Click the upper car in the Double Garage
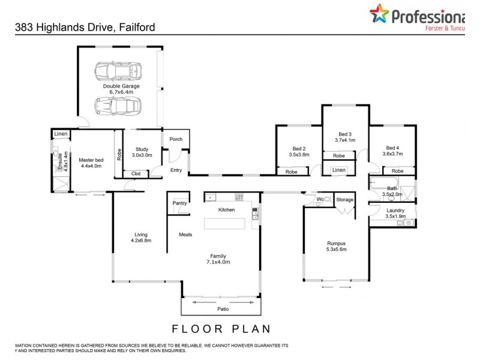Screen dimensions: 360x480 coord(118,71)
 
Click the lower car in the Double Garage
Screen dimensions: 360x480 coord(118,106)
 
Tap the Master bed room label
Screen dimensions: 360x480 coord(91,163)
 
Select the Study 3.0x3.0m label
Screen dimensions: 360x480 coord(142,152)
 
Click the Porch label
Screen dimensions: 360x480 coord(176,139)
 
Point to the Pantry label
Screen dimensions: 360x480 coord(179,203)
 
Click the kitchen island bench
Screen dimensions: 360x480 coord(225,224)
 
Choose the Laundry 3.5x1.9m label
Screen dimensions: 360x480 coord(395,213)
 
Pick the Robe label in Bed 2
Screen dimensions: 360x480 coord(292,172)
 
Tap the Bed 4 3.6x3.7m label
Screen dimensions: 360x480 coord(392,151)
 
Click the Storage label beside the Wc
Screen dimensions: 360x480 coord(344,199)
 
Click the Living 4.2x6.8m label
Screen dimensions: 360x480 coord(141,238)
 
